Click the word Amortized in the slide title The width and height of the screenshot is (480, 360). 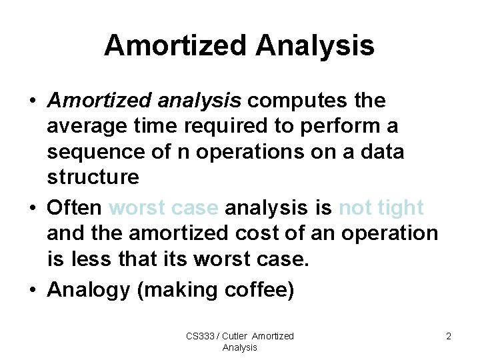click(175, 45)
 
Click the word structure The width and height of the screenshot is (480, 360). click(93, 177)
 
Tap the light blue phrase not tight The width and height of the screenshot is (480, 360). click(381, 208)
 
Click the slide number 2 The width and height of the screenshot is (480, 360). click(449, 336)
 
